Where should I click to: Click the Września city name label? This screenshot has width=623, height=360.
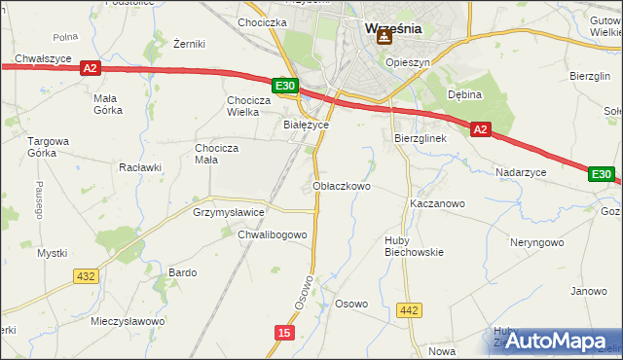coord(392,28)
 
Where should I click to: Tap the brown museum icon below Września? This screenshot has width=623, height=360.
coord(385,38)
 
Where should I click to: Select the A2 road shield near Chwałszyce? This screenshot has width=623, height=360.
coord(90,68)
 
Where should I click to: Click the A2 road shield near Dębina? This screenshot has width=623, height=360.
coord(480,128)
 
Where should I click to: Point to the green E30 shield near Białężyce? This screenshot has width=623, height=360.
coord(284,87)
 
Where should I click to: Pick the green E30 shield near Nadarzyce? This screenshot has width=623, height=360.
coord(601,175)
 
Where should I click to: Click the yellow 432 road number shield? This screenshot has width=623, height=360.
coord(86,276)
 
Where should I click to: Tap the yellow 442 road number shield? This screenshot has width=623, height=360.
coord(410,310)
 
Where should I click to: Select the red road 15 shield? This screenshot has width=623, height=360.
coord(283,333)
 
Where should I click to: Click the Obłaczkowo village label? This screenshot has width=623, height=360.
coord(342,186)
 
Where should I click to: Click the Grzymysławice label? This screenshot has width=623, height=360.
coord(229,211)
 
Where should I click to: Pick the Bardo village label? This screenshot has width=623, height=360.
coord(183,272)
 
